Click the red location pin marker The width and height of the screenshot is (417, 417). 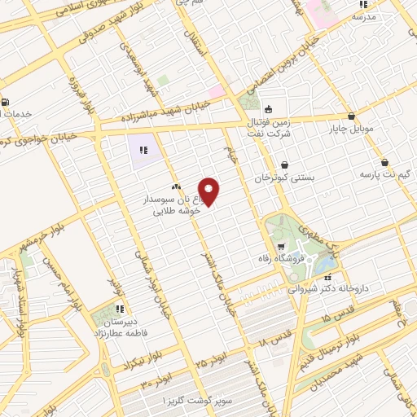[209, 191]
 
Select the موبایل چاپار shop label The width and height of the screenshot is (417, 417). [350, 129]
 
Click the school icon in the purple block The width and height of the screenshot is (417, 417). [142, 149]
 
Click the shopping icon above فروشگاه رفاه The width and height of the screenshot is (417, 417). [280, 247]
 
